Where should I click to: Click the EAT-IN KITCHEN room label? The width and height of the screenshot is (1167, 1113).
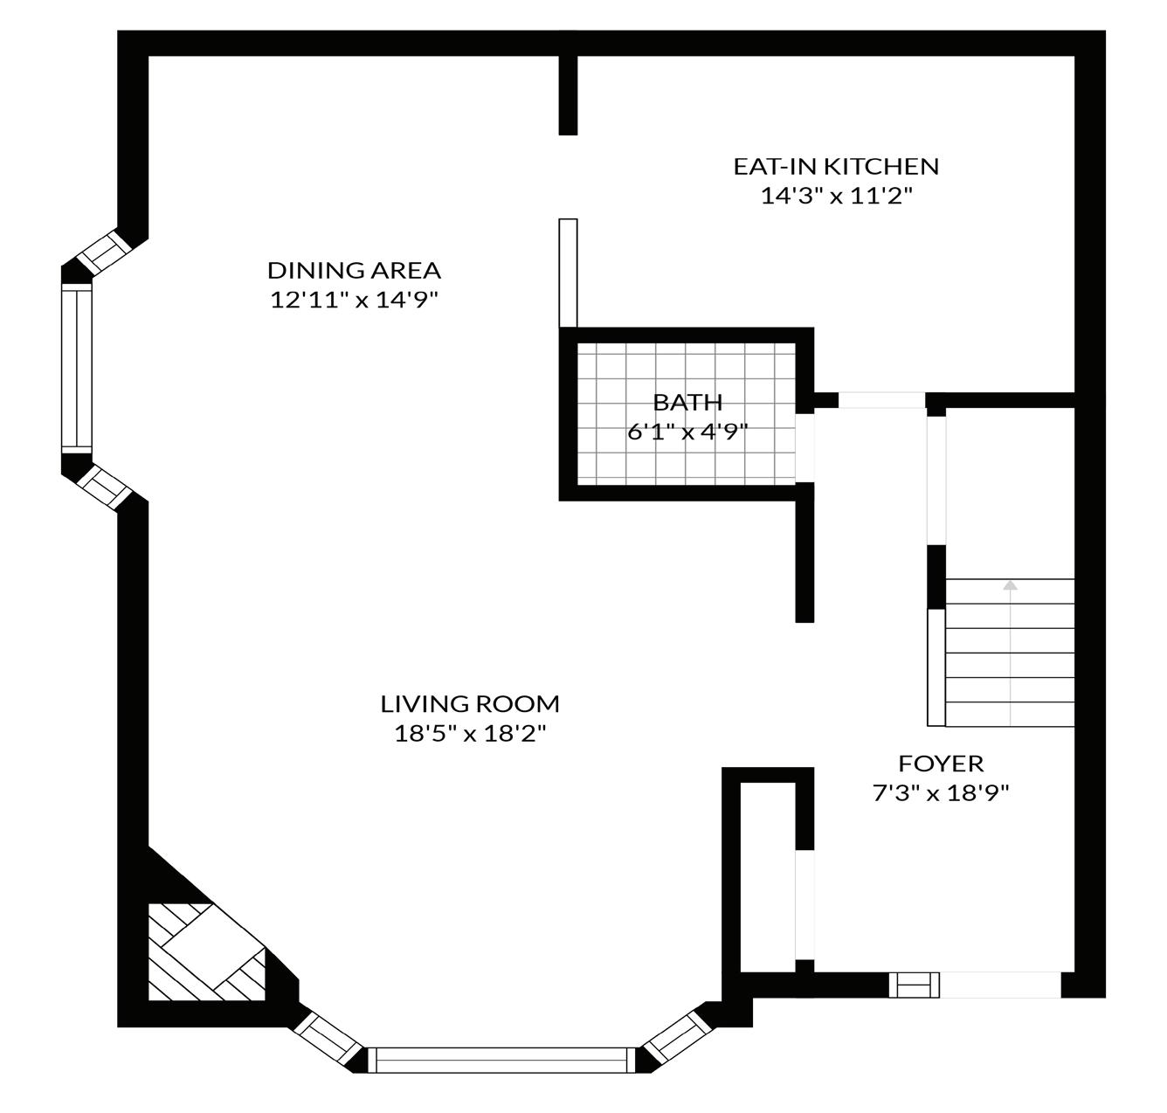pyautogui.click(x=836, y=166)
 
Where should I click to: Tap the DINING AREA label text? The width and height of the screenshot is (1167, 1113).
pyautogui.click(x=354, y=270)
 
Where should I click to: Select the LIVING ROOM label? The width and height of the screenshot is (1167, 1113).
pyautogui.click(x=470, y=703)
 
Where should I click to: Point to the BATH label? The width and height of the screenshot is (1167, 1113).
pyautogui.click(x=688, y=403)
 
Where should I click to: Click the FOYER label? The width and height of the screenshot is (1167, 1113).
pyautogui.click(x=941, y=764)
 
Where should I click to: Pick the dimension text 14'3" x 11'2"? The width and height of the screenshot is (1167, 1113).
pyautogui.click(x=836, y=196)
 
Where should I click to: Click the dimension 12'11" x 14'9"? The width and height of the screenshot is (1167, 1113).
pyautogui.click(x=354, y=300)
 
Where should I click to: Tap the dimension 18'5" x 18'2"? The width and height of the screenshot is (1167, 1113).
pyautogui.click(x=470, y=733)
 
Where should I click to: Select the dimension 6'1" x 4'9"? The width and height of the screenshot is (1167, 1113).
pyautogui.click(x=688, y=432)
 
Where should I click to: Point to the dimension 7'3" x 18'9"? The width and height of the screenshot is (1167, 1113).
pyautogui.click(x=941, y=793)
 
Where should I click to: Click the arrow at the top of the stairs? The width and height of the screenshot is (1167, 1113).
pyautogui.click(x=1011, y=585)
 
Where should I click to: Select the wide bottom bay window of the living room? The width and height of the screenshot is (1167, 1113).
pyautogui.click(x=502, y=1060)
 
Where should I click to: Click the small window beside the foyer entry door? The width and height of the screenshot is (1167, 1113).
pyautogui.click(x=915, y=985)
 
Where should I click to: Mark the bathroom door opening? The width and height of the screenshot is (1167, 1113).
pyautogui.click(x=804, y=446)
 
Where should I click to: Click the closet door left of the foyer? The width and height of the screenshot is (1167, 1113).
pyautogui.click(x=804, y=904)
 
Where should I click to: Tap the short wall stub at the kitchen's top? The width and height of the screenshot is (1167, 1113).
pyautogui.click(x=568, y=94)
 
